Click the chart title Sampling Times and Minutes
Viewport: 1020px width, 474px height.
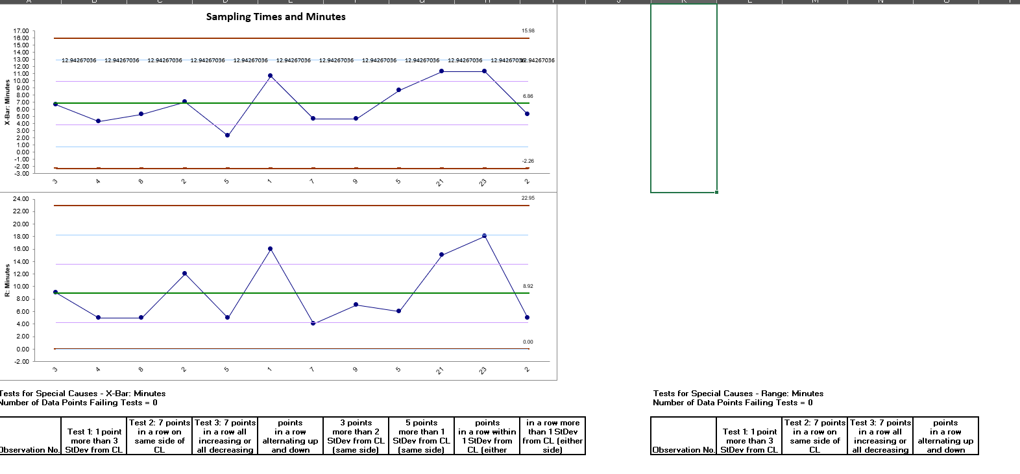point(276,17)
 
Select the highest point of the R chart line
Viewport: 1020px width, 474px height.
point(484,236)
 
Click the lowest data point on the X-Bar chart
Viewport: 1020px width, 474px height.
point(227,136)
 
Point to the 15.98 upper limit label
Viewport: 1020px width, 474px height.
point(528,30)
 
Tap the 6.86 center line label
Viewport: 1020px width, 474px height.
point(528,96)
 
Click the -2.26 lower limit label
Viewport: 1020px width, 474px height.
point(528,161)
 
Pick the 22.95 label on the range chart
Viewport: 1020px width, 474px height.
point(528,198)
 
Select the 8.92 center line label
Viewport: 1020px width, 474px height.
point(528,286)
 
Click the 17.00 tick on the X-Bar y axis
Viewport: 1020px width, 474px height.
point(21,31)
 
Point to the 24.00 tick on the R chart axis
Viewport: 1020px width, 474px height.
point(21,199)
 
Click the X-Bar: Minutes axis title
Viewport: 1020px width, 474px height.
point(7,102)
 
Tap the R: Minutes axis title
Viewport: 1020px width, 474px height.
point(7,280)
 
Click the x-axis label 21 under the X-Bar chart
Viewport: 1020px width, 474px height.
point(440,182)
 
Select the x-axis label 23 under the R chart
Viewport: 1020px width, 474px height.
point(483,371)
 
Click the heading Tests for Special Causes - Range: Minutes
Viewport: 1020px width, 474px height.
point(738,394)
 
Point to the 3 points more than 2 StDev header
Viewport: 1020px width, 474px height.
point(356,436)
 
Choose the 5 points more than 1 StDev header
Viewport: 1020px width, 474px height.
point(421,436)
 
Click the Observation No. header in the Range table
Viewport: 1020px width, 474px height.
point(684,449)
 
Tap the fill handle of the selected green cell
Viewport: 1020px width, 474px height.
point(716,192)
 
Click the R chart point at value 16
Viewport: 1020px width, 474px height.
point(270,249)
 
